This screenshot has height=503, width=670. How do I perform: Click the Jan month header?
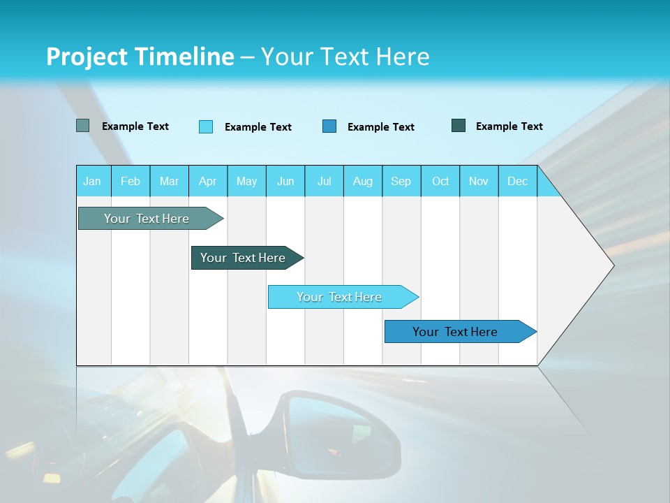coord(92,181)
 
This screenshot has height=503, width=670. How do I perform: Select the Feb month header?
coord(131,181)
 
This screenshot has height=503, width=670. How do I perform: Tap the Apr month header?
coord(208,181)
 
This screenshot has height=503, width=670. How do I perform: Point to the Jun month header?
coord(285,181)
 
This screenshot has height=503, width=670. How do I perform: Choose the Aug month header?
coord(363,181)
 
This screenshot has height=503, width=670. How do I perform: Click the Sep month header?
coord(401,181)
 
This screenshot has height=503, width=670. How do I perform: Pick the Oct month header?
coord(440,181)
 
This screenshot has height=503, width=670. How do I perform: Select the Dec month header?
coord(518,181)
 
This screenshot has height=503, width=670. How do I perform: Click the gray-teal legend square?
coord(82,126)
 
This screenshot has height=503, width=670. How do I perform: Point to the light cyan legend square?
coord(206,126)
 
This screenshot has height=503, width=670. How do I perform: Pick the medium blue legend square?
coord(329,126)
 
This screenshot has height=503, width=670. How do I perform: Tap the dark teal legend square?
coord(459,126)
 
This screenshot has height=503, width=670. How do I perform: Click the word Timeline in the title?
coord(184,57)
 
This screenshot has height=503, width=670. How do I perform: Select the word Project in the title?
coord(87,57)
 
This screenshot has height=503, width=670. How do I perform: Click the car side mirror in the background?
coord(342,433)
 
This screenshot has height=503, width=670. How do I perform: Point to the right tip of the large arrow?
coord(613,265)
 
